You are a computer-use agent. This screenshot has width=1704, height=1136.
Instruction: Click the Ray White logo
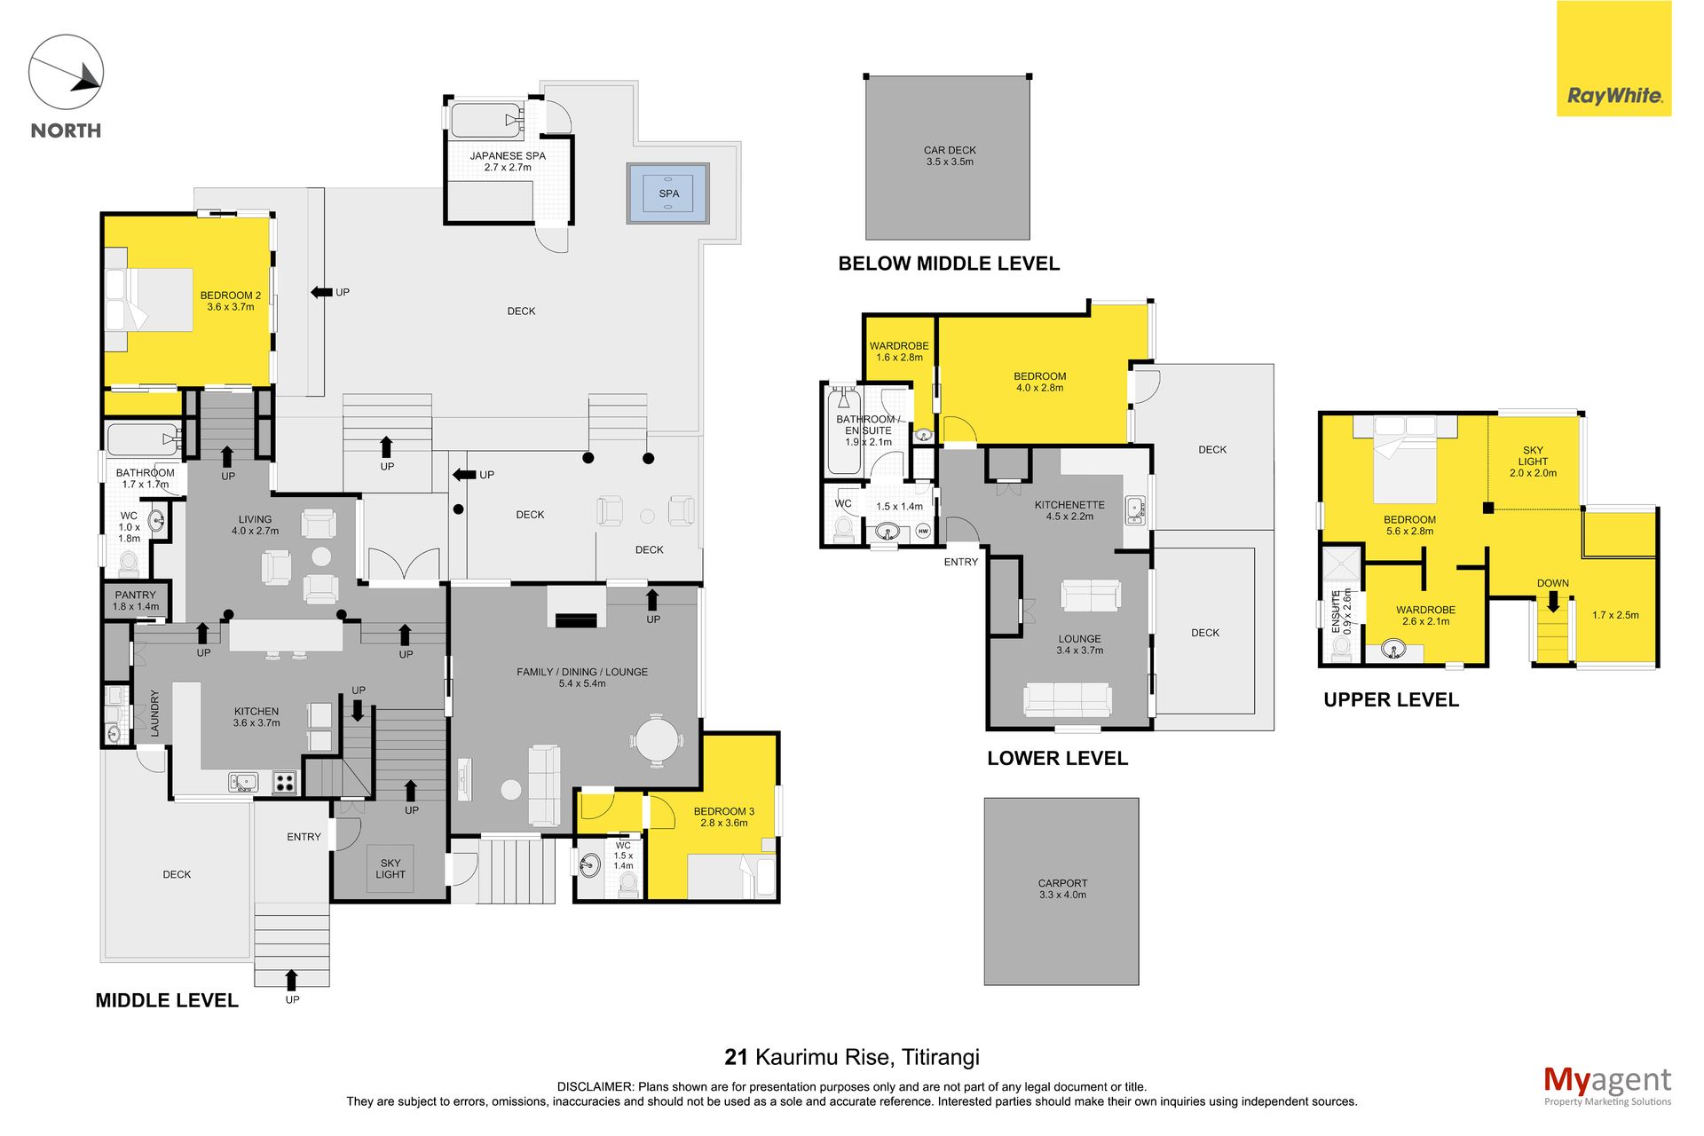pyautogui.click(x=1613, y=59)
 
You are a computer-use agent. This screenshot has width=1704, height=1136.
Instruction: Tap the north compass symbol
pyautogui.click(x=67, y=73)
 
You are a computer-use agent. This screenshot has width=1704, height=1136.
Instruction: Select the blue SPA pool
pyautogui.click(x=668, y=193)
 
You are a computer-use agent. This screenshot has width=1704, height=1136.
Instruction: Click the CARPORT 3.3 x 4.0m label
pyautogui.click(x=1062, y=889)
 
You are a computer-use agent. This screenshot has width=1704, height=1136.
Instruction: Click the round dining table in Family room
pyautogui.click(x=657, y=739)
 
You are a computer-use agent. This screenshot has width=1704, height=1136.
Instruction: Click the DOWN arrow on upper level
pyautogui.click(x=1553, y=602)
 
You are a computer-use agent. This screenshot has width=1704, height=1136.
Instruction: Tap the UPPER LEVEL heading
pyautogui.click(x=1391, y=699)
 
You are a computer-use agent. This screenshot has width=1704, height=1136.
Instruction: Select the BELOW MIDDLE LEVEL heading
pyautogui.click(x=949, y=264)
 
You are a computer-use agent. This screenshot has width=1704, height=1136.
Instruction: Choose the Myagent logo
pyautogui.click(x=1607, y=1085)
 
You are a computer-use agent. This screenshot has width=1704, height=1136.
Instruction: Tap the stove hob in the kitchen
pyautogui.click(x=284, y=783)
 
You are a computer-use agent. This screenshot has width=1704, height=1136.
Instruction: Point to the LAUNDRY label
pyautogui.click(x=154, y=714)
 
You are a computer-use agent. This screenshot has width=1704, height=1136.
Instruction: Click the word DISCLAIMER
pyautogui.click(x=596, y=1086)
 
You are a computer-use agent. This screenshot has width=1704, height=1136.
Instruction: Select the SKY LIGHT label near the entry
pyautogui.click(x=390, y=868)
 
